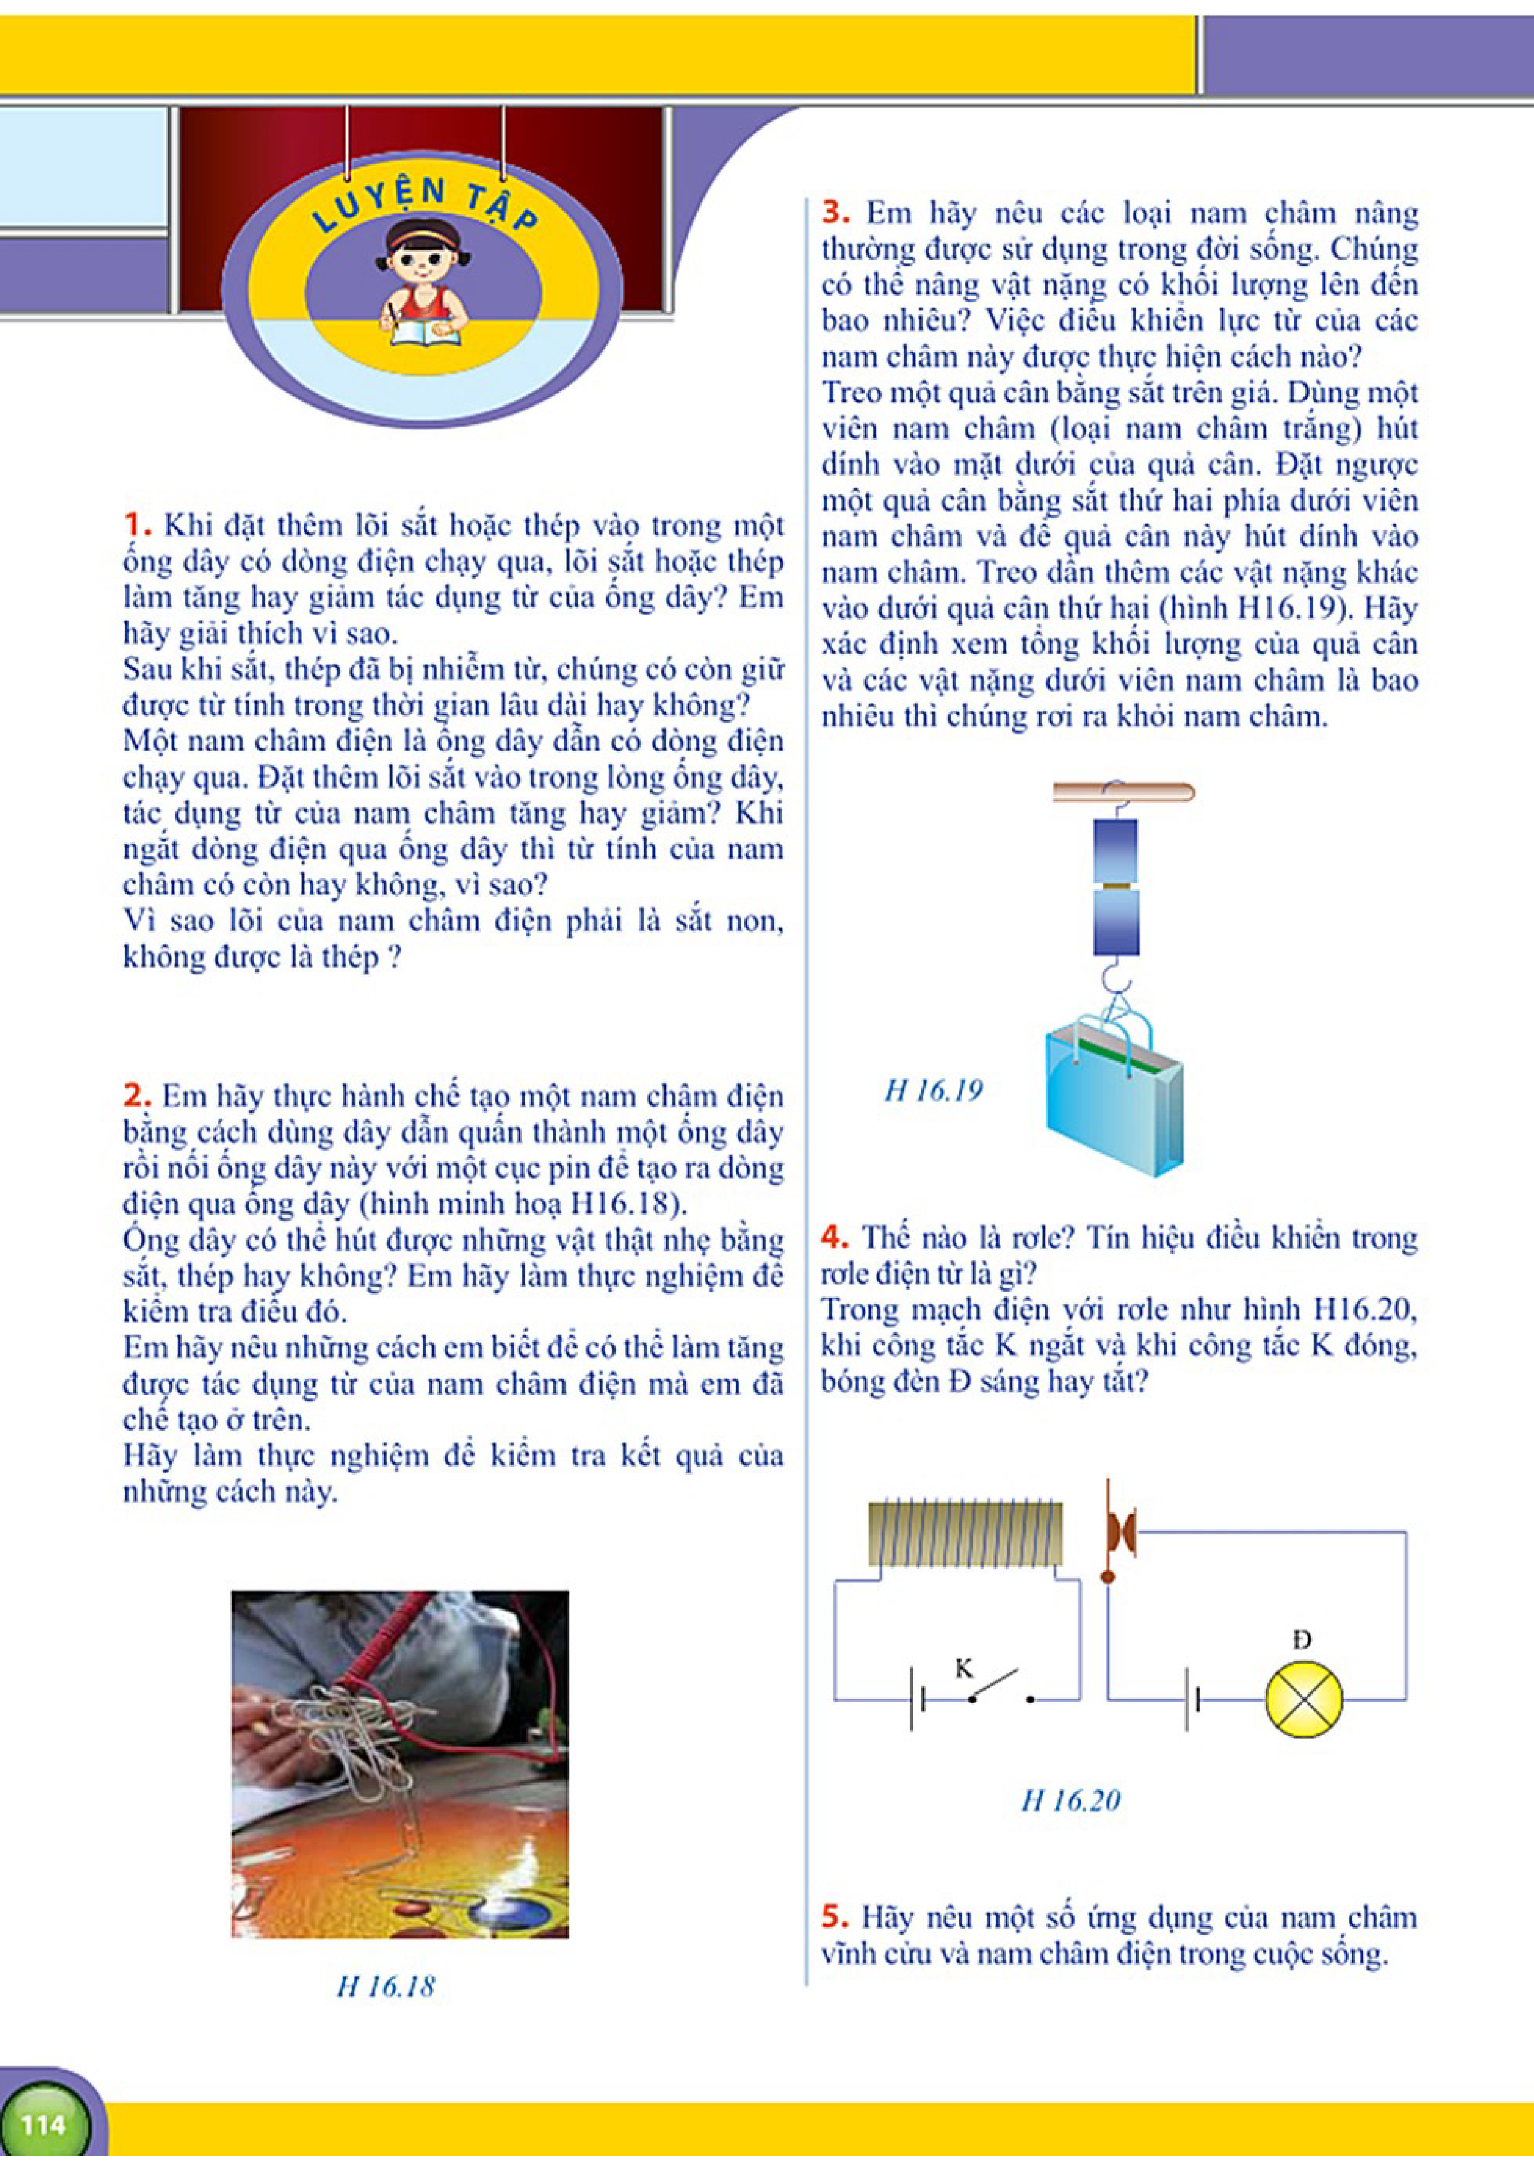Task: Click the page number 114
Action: point(43,2124)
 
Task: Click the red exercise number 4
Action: point(834,1235)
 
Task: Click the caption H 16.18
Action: point(386,1986)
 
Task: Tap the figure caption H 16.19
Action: point(933,1091)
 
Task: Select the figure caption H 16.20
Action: point(1070,1800)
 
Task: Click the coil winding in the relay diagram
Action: point(965,1534)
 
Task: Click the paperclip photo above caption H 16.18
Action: point(400,1764)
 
